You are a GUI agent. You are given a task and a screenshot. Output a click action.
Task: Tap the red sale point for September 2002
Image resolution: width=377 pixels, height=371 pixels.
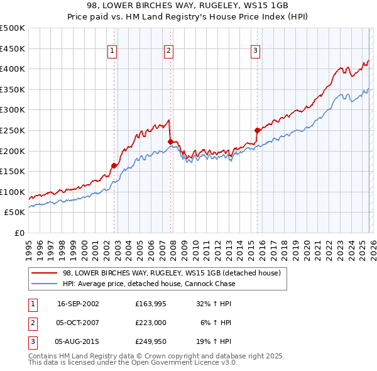coord(114,165)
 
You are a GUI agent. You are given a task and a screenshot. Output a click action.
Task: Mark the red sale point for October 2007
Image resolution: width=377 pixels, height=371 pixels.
coord(170,141)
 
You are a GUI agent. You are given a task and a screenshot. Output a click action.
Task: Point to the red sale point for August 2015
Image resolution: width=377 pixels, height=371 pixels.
coord(257,130)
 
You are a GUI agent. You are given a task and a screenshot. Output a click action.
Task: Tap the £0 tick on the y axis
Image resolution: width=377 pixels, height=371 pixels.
coord(19,233)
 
